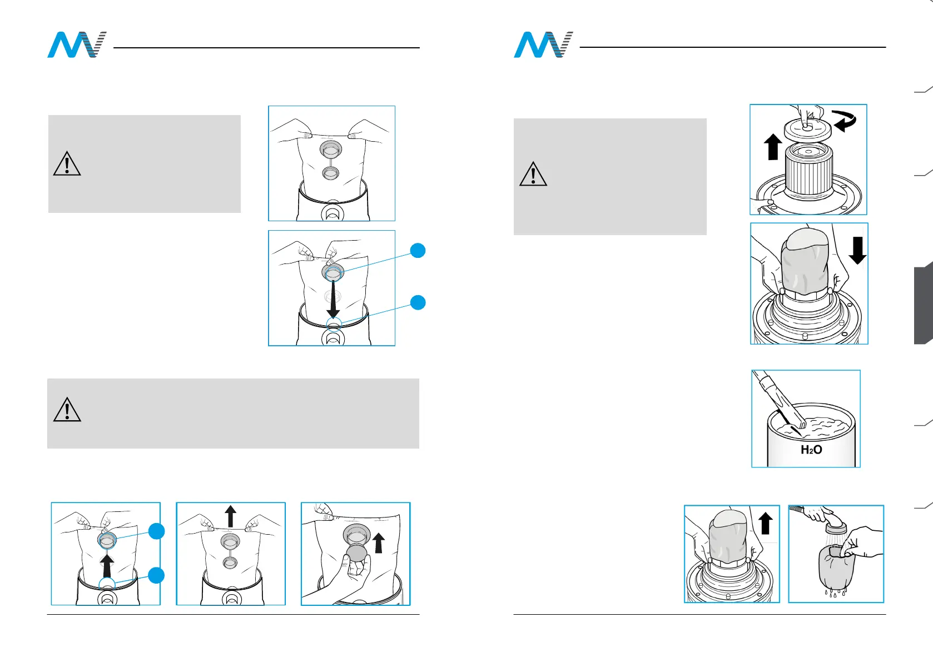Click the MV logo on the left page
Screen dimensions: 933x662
coord(76,45)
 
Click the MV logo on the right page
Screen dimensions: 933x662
coord(543,45)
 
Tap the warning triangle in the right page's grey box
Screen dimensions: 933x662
coord(533,174)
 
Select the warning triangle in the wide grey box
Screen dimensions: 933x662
coord(67,410)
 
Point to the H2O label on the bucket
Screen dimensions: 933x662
coord(811,450)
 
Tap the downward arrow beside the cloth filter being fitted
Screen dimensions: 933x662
coord(857,250)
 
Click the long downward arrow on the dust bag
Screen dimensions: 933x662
coord(333,299)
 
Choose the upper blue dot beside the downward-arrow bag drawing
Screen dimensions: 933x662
coord(418,251)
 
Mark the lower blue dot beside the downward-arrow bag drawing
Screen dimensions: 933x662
coord(418,302)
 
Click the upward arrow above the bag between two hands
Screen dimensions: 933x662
coord(231,516)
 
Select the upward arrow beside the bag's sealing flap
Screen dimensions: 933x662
coord(379,543)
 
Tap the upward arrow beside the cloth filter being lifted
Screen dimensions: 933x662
coord(765,524)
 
